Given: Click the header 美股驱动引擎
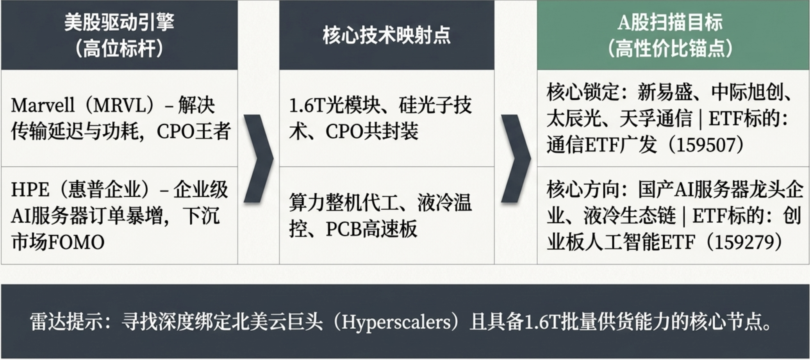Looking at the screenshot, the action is pos(119,22).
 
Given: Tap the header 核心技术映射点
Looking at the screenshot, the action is pos(386,35).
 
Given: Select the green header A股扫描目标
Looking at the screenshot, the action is pos(670,22).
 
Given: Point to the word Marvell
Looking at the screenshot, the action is pos(43,105).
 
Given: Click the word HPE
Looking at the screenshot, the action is pos(30,190).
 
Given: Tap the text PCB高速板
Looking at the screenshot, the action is pos(371,229).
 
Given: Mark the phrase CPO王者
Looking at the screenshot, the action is pos(194,131).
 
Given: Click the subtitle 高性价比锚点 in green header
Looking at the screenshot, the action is pos(670,49).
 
